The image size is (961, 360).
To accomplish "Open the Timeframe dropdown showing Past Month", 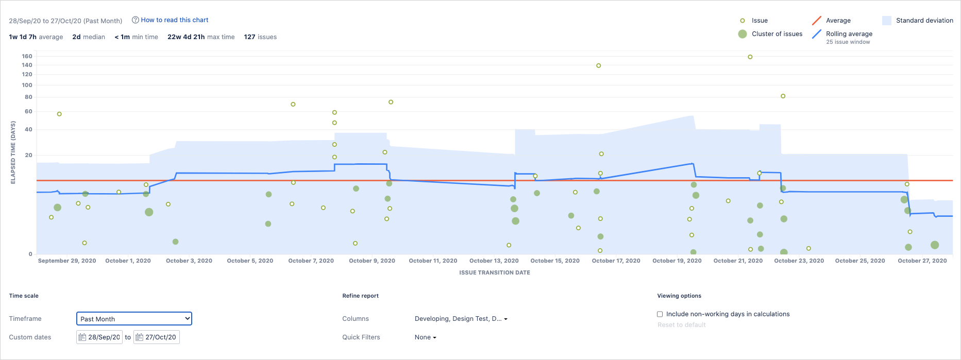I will tap(134, 319).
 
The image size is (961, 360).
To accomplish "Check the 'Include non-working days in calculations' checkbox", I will tap(660, 314).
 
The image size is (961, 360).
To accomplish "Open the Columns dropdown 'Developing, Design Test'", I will tap(461, 319).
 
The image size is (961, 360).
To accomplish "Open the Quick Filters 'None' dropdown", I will tap(425, 337).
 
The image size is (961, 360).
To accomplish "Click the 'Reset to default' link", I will tap(681, 325).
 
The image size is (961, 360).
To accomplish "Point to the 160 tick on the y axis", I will tap(27, 56).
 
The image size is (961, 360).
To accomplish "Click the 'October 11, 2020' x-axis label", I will tap(433, 261).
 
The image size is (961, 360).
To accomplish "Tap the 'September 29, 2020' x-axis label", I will tap(67, 261).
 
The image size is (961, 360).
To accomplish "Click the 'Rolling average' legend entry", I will tap(849, 34).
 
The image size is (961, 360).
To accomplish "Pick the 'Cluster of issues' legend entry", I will tap(777, 34).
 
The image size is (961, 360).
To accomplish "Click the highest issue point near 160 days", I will tap(750, 57).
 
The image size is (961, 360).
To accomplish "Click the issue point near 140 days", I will tap(598, 66).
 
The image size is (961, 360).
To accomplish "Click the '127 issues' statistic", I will tap(260, 37).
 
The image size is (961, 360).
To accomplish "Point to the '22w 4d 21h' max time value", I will tap(186, 37).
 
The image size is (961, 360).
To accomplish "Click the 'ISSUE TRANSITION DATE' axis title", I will tap(494, 272).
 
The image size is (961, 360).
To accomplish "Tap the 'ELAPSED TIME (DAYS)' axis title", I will tap(13, 152).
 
